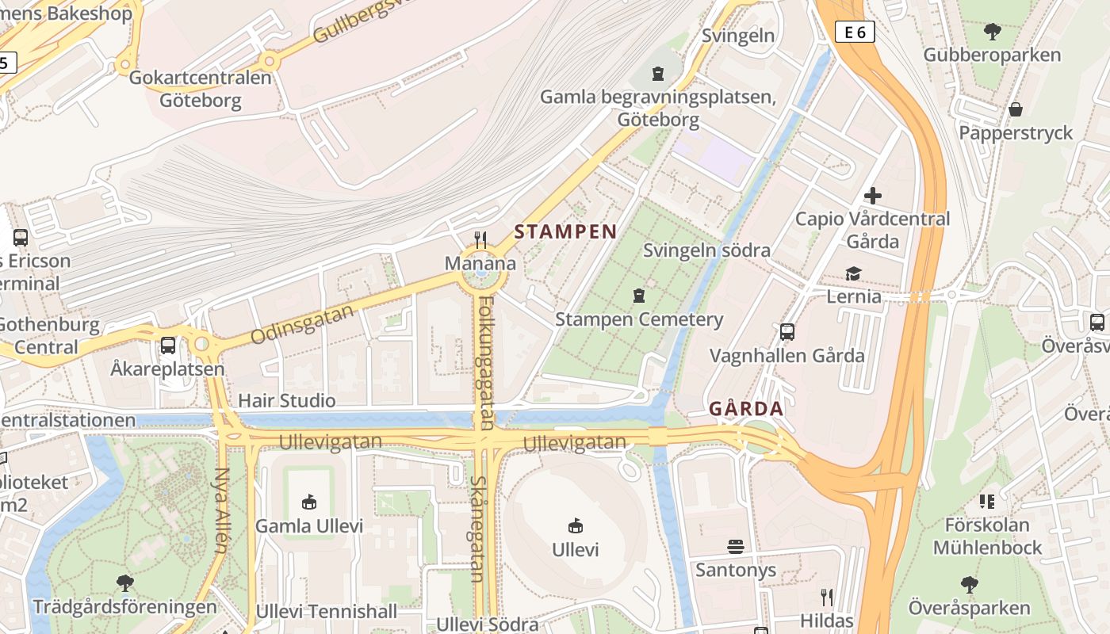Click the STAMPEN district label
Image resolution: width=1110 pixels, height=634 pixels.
pos(565,232)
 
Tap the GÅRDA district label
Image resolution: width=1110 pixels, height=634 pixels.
pos(745,409)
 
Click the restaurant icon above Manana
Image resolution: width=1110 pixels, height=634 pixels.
pos(480,239)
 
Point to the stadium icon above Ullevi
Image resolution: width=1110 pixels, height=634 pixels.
pos(576,525)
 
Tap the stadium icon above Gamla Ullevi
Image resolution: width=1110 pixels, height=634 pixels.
pos(309,502)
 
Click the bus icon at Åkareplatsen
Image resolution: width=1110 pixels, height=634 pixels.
pos(168,346)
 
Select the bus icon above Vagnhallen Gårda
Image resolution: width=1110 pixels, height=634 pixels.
pos(787,332)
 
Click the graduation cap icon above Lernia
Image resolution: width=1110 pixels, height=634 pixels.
pos(853,273)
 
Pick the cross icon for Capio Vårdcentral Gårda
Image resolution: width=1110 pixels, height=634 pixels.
pos(873,195)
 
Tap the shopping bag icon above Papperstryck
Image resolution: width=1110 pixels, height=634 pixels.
pos(1016,109)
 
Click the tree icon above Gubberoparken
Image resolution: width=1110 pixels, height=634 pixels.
pos(992,32)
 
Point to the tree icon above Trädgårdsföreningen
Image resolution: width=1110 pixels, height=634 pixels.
pos(124,583)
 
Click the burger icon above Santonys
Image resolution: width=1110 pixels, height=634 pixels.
pos(736,546)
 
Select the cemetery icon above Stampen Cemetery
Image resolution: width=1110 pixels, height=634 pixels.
pos(639,296)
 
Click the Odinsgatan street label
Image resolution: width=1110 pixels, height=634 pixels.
pos(301,325)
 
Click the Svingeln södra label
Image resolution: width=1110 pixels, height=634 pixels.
pos(706,250)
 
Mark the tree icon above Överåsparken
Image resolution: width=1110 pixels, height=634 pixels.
pos(969,585)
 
